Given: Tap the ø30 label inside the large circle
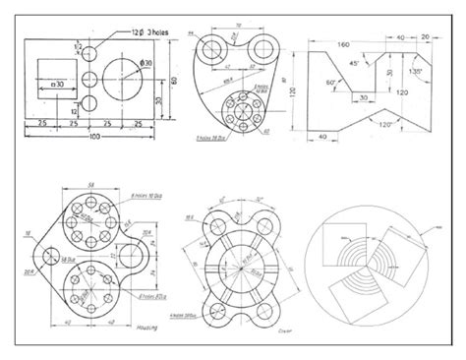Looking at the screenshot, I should [146, 62].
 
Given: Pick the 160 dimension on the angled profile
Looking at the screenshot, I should [345, 44].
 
